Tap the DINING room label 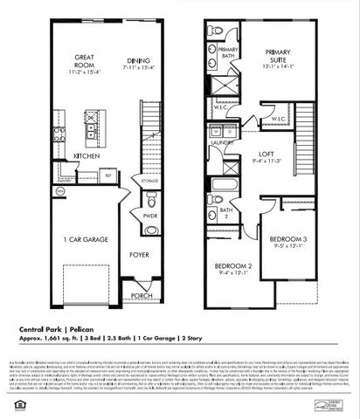(x=138, y=60)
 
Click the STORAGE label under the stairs (x=149, y=182)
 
